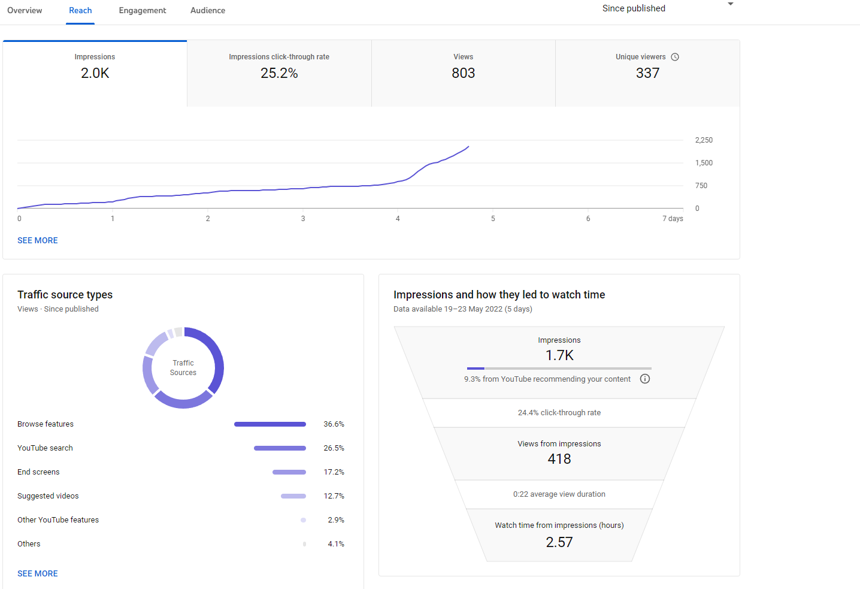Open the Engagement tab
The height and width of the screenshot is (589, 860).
(x=142, y=10)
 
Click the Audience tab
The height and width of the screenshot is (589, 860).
(x=208, y=10)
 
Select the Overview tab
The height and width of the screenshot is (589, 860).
(x=25, y=10)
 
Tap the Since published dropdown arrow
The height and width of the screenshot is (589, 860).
(x=731, y=4)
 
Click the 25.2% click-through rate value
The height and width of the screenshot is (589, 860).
(x=279, y=73)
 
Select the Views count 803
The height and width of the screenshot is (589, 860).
(x=463, y=73)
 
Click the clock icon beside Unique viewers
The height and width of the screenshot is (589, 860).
(x=675, y=57)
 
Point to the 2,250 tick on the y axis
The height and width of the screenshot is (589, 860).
(x=704, y=140)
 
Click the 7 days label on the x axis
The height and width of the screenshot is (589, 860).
(x=673, y=218)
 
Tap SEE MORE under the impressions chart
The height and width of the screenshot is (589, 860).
(x=38, y=240)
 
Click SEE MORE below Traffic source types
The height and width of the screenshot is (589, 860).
(x=38, y=573)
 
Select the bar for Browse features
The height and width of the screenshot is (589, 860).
(x=270, y=424)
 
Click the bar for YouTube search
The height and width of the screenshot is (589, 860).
(x=280, y=448)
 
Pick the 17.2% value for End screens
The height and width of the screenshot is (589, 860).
(x=334, y=472)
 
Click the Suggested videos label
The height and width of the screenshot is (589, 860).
(x=48, y=496)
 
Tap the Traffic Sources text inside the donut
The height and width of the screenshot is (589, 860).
(x=183, y=368)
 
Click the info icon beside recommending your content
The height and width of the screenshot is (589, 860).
(x=645, y=379)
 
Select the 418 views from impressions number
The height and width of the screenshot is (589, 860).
(x=559, y=459)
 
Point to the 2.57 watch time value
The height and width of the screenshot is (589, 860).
(x=559, y=542)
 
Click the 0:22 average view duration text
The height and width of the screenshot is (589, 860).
(x=559, y=494)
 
